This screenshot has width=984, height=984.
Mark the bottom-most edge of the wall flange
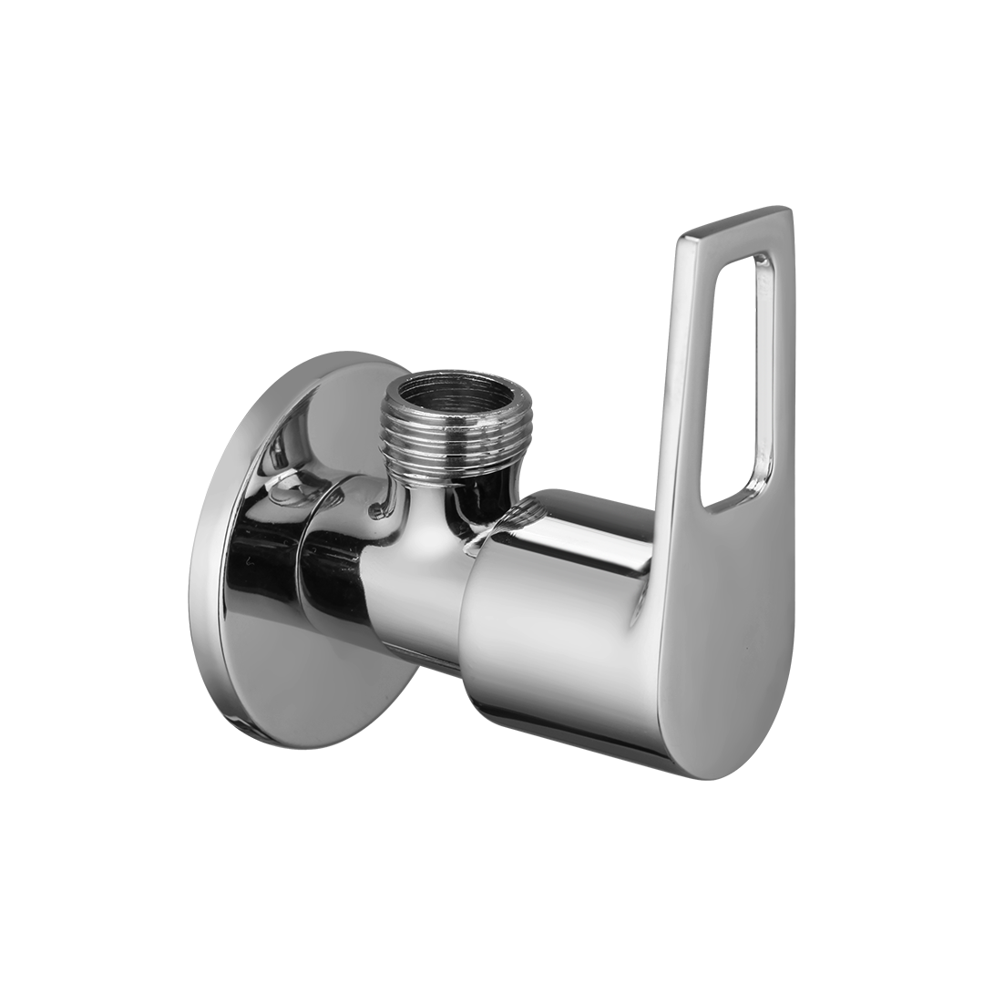pyautogui.click(x=264, y=736)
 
